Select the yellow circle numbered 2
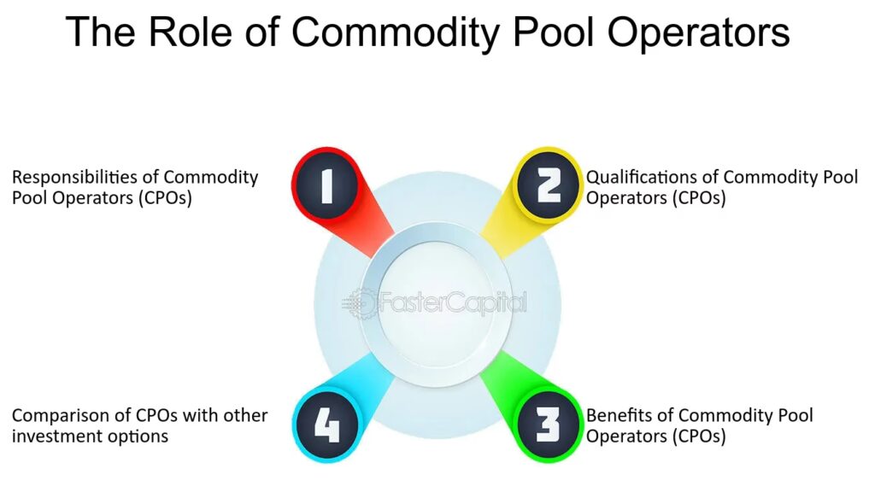(548, 185)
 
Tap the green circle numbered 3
(548, 425)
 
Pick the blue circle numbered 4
(326, 425)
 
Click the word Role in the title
(190, 32)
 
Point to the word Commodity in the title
(395, 33)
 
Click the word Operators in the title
(698, 33)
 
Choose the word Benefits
(619, 415)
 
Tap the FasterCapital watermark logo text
(453, 303)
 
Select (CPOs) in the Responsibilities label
(165, 198)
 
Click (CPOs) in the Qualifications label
(699, 198)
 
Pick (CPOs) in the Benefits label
(699, 436)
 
